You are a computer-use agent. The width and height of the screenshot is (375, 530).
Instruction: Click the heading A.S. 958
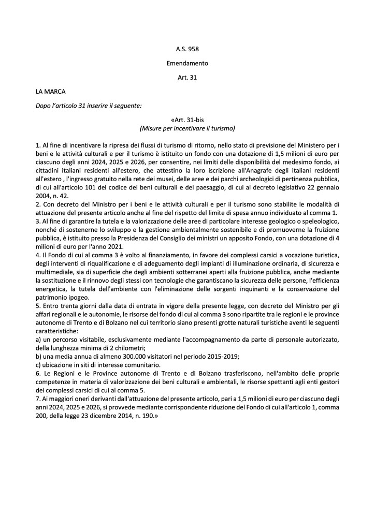(x=187, y=50)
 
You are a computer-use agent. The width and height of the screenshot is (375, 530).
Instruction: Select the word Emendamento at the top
(x=187, y=64)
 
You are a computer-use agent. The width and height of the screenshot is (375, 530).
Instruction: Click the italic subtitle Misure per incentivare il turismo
(x=187, y=127)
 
